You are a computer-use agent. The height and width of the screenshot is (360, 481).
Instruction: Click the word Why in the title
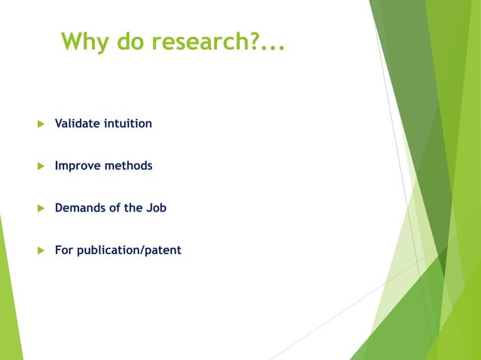pyautogui.click(x=85, y=41)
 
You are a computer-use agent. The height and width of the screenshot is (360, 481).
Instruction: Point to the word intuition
pyautogui.click(x=127, y=123)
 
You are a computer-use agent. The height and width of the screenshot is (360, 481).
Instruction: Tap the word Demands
pyautogui.click(x=79, y=207)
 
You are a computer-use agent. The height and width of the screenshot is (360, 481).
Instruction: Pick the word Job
pyautogui.click(x=156, y=207)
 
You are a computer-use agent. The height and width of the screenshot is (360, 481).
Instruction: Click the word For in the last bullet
pyautogui.click(x=63, y=249)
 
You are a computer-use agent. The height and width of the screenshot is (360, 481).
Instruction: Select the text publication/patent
pyautogui.click(x=129, y=250)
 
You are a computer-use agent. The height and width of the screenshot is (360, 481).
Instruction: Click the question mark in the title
pyautogui.click(x=254, y=41)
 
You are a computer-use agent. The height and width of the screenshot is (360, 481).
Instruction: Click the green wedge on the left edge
pyautogui.click(x=8, y=294)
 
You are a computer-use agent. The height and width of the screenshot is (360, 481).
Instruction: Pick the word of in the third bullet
pyautogui.click(x=115, y=207)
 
